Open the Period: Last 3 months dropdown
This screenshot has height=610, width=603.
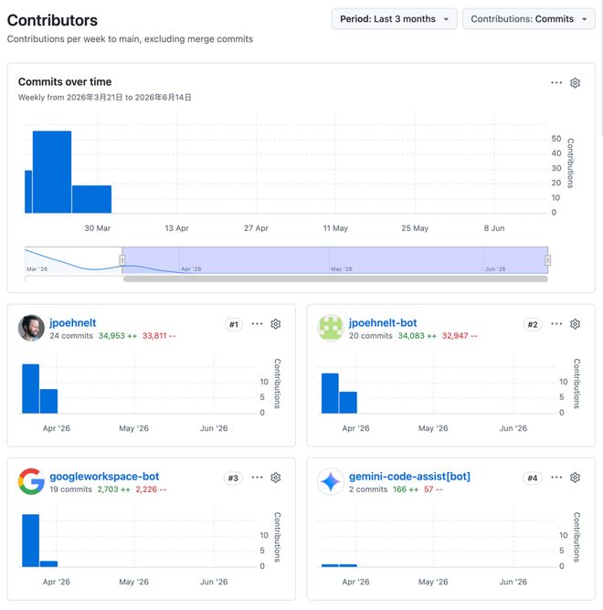394,19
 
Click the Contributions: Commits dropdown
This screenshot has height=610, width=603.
528,19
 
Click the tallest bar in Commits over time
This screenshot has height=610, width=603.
52,172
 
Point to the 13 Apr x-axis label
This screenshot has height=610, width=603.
176,228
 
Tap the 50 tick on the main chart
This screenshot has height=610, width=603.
555,139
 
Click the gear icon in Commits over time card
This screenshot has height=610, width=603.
575,83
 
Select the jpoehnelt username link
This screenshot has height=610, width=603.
73,323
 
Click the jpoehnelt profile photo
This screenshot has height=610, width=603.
31,328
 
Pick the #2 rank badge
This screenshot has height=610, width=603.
532,324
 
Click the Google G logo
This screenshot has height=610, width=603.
31,481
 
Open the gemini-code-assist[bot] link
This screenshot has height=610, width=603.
409,477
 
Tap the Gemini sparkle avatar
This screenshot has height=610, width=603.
331,481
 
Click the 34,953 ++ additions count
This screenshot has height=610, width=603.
118,336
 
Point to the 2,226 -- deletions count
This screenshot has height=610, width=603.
151,489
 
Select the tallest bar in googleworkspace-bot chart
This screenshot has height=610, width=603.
31,541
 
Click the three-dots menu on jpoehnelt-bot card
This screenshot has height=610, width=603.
556,323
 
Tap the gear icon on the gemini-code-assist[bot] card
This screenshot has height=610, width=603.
575,478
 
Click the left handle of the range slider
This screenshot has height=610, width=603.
122,260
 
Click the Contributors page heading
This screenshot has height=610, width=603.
52,20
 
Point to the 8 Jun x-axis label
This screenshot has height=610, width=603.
494,228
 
